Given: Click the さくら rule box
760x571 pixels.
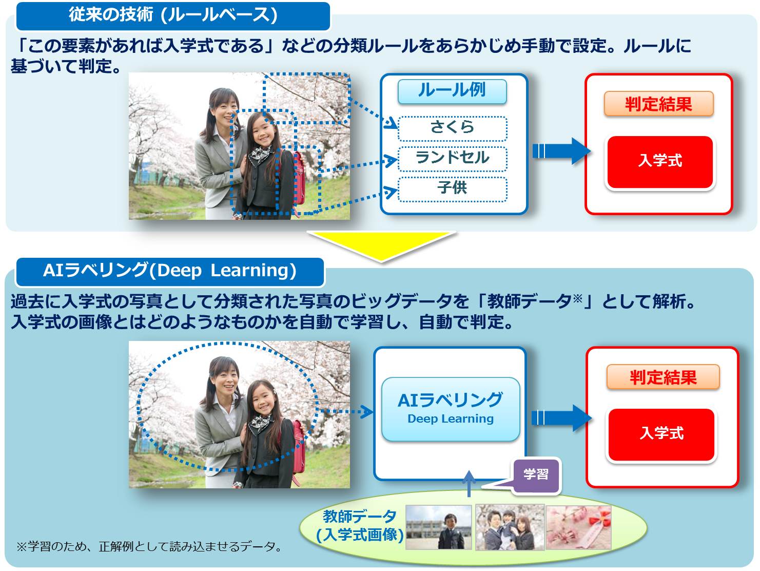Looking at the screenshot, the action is [452, 128].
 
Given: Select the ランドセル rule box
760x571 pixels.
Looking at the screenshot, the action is [452, 159].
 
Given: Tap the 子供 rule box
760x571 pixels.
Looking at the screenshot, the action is [452, 189].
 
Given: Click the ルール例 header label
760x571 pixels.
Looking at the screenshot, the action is [452, 91].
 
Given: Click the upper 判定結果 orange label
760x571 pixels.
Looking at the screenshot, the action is [658, 104].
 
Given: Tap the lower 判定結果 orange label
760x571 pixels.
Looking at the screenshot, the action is [662, 377].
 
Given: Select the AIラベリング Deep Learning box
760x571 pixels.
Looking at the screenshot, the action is [451, 409].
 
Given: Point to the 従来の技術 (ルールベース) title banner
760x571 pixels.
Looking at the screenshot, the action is [173, 15].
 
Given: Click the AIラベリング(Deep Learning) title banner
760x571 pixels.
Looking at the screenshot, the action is [170, 272].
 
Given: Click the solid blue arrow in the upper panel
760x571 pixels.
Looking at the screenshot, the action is [561, 151].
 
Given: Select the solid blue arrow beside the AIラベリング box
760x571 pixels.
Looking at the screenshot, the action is [561, 418].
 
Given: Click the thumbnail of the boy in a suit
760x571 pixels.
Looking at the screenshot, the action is [438, 527].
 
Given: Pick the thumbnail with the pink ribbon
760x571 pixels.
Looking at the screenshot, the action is [578, 527].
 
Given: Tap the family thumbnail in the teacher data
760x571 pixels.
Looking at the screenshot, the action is [510, 527].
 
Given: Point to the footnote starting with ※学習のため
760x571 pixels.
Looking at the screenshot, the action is [149, 546].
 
